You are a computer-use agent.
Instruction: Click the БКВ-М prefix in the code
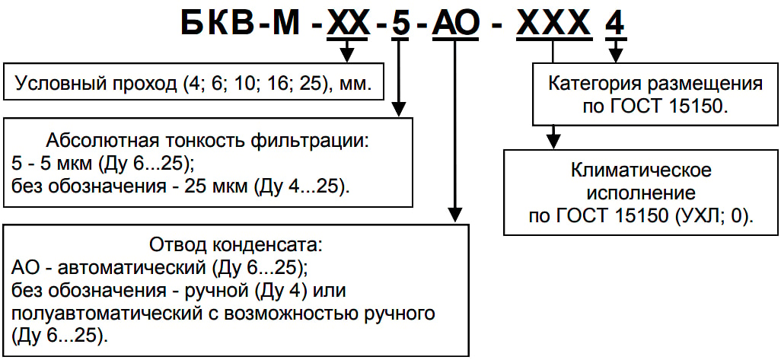point(241,22)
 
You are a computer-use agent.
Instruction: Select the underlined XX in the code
point(348,23)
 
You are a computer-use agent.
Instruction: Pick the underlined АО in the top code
point(454,23)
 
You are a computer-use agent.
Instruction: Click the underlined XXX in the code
point(553,23)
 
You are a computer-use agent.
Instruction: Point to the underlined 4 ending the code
point(617,23)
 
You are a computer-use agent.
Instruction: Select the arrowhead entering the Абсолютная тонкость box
point(398,110)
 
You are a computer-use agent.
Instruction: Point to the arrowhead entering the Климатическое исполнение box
point(553,141)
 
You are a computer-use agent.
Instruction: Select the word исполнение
point(642,193)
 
